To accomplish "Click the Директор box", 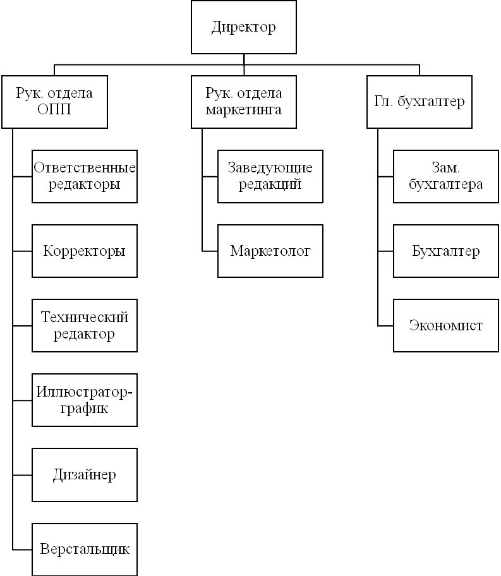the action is (x=244, y=27).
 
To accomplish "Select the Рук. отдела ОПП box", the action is (x=54, y=102).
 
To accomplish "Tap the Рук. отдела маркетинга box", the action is (x=244, y=102).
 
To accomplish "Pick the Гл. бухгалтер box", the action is (x=420, y=102).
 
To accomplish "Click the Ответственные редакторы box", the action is (x=85, y=176).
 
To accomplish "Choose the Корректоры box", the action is (x=85, y=251).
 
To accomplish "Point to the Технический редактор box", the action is (x=85, y=325).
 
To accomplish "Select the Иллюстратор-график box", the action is (x=85, y=400).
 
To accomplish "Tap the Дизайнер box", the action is (x=85, y=475).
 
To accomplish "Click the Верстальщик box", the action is (x=85, y=549).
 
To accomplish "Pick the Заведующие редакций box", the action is (x=270, y=176).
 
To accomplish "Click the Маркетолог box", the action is (x=270, y=251).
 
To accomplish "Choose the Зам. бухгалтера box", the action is (x=446, y=176).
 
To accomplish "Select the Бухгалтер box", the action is (x=446, y=251).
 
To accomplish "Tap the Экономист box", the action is (x=446, y=325).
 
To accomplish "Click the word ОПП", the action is (x=54, y=109).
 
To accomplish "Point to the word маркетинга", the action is (x=243, y=110).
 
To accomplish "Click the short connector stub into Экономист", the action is (x=385, y=326).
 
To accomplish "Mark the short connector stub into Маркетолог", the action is (x=210, y=251).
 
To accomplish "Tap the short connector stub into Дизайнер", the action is (x=22, y=476).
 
